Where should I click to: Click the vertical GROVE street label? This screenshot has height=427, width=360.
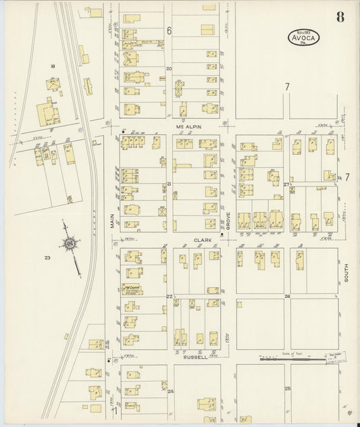point(228,220)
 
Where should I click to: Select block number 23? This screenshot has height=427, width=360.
point(47,257)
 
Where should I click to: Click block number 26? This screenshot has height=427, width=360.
point(286,297)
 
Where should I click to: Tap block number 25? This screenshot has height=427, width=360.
point(286,388)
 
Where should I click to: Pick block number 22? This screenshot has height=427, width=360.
point(170,297)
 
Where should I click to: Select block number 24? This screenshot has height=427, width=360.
point(170,391)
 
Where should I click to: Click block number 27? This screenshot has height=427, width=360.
point(286,184)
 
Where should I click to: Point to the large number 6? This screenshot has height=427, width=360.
point(170,30)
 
